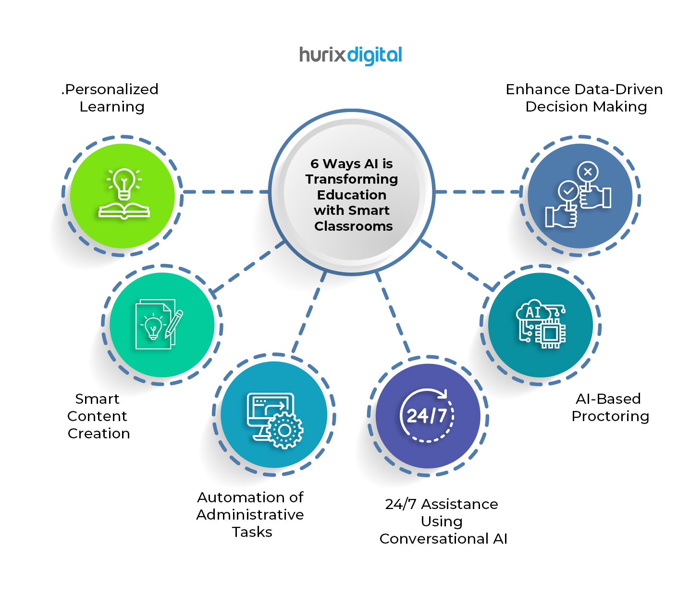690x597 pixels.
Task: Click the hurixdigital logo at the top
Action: pyautogui.click(x=350, y=55)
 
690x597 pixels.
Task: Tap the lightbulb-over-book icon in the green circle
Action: pyautogui.click(x=124, y=194)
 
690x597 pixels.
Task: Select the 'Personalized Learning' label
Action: pyautogui.click(x=111, y=98)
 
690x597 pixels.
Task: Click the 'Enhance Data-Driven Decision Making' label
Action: pyautogui.click(x=585, y=98)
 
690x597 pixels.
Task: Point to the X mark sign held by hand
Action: pyautogui.click(x=588, y=172)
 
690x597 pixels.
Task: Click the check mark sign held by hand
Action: pyautogui.click(x=568, y=191)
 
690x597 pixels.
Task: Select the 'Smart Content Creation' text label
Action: pyautogui.click(x=98, y=416)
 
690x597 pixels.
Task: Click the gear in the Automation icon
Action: pyautogui.click(x=285, y=430)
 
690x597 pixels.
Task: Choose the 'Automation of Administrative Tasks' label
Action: pyautogui.click(x=250, y=514)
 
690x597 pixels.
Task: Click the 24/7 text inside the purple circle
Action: pyautogui.click(x=427, y=416)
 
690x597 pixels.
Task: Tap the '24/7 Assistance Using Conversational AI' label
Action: pyautogui.click(x=443, y=522)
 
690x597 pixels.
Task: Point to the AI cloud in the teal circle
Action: pyautogui.click(x=533, y=312)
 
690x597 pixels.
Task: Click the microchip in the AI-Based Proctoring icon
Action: pyautogui.click(x=551, y=333)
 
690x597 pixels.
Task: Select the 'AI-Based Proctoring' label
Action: pyautogui.click(x=609, y=407)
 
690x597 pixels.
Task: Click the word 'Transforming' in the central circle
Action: pyautogui.click(x=351, y=179)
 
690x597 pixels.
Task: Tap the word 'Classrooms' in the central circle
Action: pyautogui.click(x=353, y=226)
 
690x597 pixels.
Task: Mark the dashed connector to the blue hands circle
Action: pyautogui.click(x=478, y=192)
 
